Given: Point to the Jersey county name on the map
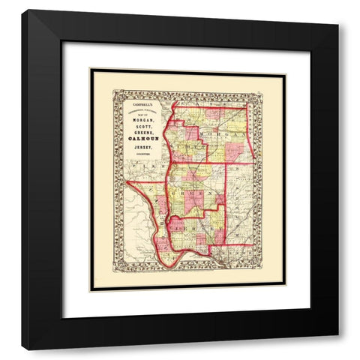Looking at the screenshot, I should (193, 225).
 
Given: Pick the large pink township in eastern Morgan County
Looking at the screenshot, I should (235, 152).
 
